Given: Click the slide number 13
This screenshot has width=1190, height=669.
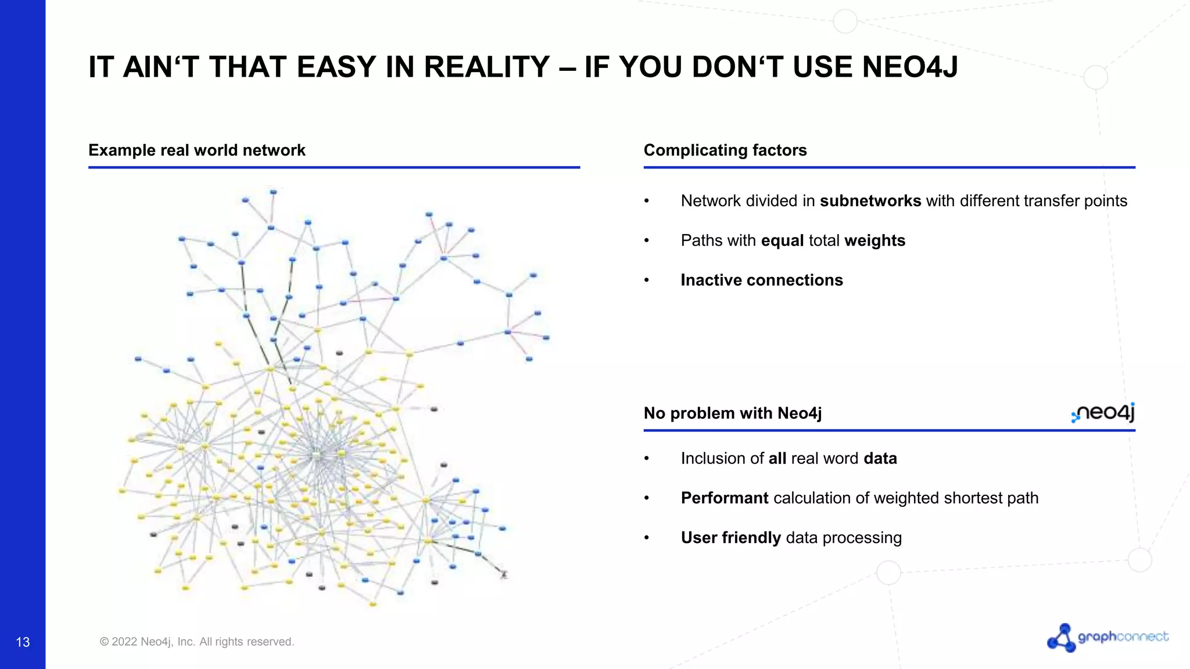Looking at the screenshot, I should tap(23, 642).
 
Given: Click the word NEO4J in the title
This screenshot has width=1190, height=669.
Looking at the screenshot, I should tap(910, 67).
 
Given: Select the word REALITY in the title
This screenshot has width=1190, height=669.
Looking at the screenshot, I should tap(486, 67).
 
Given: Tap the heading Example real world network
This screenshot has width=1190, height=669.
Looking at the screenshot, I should tap(196, 150).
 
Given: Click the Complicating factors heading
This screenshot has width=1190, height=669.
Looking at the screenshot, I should tap(725, 150).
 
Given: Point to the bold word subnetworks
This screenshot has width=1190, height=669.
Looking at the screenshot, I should tap(870, 201).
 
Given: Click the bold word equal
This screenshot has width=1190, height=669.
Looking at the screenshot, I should tap(782, 240).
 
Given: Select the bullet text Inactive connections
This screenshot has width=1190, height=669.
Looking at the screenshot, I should tap(761, 280).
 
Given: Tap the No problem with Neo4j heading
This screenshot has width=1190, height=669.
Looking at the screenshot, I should tap(732, 413).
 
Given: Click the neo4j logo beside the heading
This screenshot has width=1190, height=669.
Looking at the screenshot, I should tap(1103, 413).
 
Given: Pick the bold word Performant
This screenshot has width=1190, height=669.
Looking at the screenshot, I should tap(725, 498).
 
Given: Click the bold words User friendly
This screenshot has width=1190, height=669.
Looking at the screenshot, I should tap(730, 538).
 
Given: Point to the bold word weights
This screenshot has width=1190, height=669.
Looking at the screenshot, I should tap(874, 240).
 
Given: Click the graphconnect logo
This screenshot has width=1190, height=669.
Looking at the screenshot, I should tap(1107, 638).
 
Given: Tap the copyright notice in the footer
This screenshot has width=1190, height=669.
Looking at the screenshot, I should tap(197, 642).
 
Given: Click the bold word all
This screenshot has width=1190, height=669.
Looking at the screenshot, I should tap(777, 459).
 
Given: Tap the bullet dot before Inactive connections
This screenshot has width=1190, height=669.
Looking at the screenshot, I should tap(646, 280).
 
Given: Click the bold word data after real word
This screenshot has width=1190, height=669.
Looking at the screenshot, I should tap(880, 459).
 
